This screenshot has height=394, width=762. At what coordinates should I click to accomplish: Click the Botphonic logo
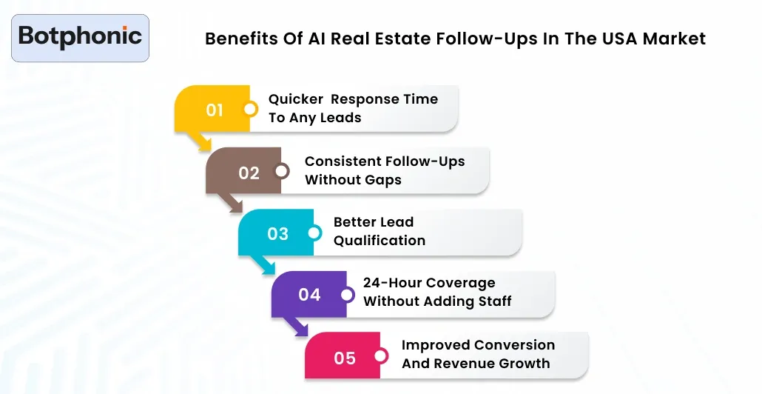click(80, 37)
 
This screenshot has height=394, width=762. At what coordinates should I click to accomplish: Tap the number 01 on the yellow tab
click(215, 110)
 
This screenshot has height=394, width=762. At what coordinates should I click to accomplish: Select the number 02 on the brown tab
click(249, 173)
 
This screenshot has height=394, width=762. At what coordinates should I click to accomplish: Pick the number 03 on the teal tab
click(277, 234)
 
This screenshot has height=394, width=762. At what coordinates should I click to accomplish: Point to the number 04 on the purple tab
click(309, 295)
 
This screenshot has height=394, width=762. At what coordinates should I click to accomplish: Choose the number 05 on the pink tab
click(345, 358)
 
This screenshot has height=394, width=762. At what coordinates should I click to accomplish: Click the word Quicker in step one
click(295, 99)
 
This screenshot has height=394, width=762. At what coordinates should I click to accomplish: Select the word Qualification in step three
click(380, 241)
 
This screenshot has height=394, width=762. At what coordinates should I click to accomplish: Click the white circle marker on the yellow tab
click(250, 110)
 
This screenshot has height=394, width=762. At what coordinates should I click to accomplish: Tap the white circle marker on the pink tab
click(380, 357)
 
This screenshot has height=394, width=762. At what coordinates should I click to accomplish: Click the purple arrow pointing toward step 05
click(300, 327)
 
